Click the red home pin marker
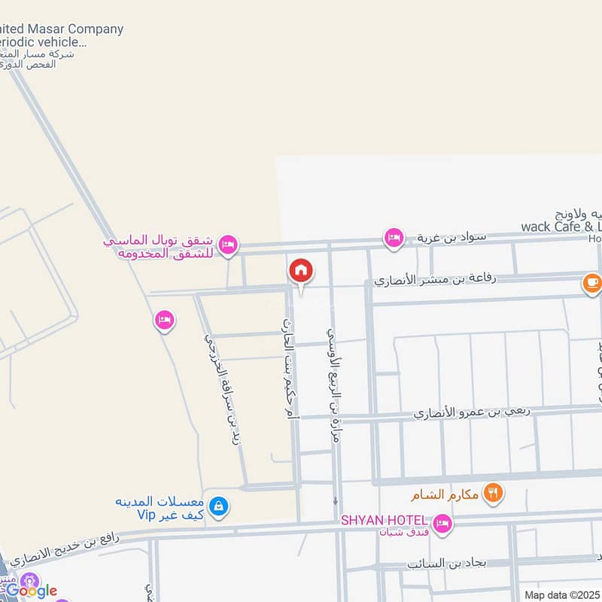pyautogui.click(x=301, y=271)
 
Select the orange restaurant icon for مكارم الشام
pyautogui.click(x=494, y=494)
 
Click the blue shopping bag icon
pyautogui.click(x=218, y=506)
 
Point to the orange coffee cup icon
pyautogui.click(x=591, y=284)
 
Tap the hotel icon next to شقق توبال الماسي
pyautogui.click(x=228, y=245)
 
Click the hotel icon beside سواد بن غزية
pyautogui.click(x=393, y=239)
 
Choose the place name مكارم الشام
pyautogui.click(x=445, y=496)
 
